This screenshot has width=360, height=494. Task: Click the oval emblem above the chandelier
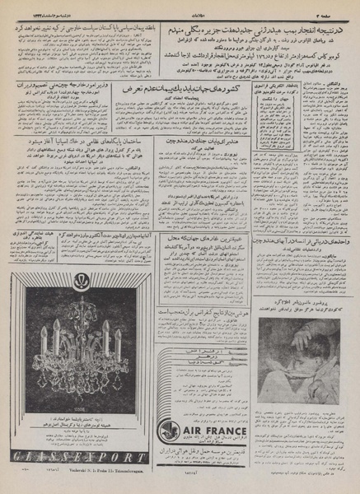point(80,287)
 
